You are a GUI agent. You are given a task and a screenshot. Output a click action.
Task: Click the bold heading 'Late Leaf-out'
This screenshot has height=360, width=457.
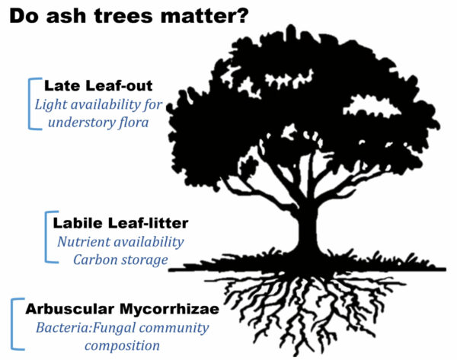[98, 86]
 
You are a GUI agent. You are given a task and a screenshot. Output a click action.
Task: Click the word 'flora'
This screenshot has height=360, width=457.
[134, 122]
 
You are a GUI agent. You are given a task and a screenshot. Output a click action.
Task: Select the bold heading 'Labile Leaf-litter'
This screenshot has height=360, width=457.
[120, 223]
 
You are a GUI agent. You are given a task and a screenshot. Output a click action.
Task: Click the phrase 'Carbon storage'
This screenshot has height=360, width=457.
[120, 260]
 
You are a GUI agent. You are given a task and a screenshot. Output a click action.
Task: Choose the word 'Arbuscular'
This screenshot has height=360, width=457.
[69, 309]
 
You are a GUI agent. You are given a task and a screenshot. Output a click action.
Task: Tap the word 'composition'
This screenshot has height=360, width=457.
[123, 346]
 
